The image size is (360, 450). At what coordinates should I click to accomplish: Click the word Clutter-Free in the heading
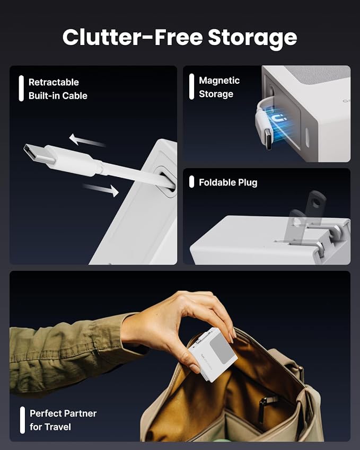tap(133, 37)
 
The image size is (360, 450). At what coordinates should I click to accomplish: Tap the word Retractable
tap(54, 82)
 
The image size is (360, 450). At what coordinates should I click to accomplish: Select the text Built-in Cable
tap(58, 96)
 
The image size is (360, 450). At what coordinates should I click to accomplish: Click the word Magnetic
tap(219, 81)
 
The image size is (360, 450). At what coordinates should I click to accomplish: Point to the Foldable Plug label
tap(228, 182)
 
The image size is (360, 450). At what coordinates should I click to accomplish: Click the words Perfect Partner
tap(63, 413)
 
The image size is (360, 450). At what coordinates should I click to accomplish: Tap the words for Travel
tap(50, 427)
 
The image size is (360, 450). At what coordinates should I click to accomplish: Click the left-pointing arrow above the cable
tap(87, 140)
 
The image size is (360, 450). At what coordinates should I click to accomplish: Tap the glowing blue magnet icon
tap(277, 118)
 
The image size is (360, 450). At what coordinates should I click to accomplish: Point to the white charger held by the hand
tap(213, 355)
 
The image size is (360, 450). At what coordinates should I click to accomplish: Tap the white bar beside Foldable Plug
tap(192, 182)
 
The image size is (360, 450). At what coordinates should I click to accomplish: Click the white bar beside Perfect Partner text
tap(22, 420)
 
